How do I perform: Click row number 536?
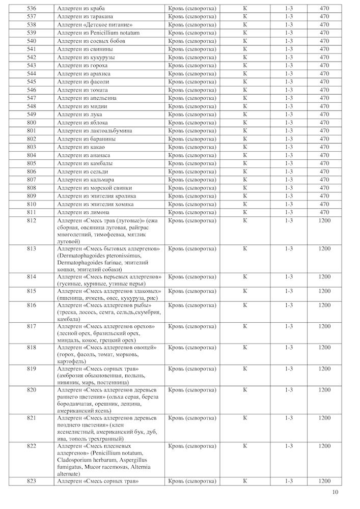[32, 9]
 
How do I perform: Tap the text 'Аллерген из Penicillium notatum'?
[98, 33]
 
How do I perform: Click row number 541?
[32, 49]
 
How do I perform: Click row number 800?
[32, 123]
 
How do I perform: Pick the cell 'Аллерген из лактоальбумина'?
[94, 131]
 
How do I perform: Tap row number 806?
[32, 172]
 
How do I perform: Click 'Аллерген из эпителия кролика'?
[96, 196]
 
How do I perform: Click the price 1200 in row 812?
[324, 220]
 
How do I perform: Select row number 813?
[32, 249]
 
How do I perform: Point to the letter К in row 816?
[245, 305]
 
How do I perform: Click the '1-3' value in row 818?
[289, 348]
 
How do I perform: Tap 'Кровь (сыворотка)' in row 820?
[192, 390]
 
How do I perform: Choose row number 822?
[32, 446]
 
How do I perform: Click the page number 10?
[335, 492]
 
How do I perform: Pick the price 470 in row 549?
[324, 115]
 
